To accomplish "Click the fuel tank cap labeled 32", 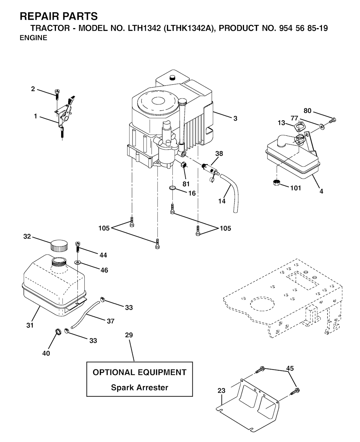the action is [x=59, y=246].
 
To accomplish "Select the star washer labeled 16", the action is [x=172, y=188].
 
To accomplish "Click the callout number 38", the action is [x=219, y=153].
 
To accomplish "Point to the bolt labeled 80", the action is [x=333, y=120].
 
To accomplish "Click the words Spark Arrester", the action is [x=140, y=387].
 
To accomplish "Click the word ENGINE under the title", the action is [x=33, y=38].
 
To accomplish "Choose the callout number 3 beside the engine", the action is [x=235, y=118].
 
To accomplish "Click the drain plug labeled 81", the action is [x=184, y=165].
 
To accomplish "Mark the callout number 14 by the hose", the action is [x=222, y=201].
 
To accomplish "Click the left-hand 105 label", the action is [x=104, y=228].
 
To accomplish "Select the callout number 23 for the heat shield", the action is [x=221, y=391].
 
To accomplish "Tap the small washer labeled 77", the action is [x=322, y=126].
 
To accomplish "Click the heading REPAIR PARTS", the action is [x=59, y=16].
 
